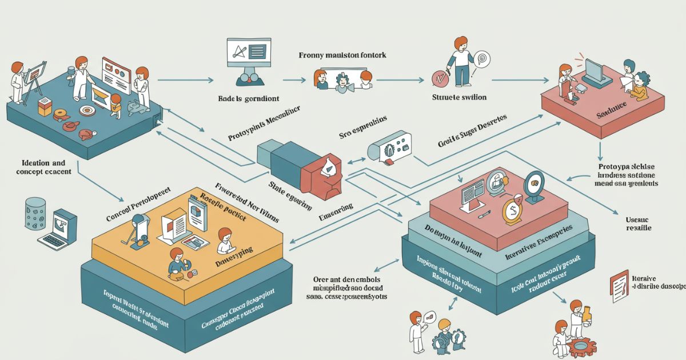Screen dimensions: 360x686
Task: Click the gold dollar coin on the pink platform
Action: click(512, 212)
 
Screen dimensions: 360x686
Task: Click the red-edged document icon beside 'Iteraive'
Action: click(619, 285)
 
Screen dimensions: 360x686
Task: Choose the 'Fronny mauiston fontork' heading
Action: click(342, 56)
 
